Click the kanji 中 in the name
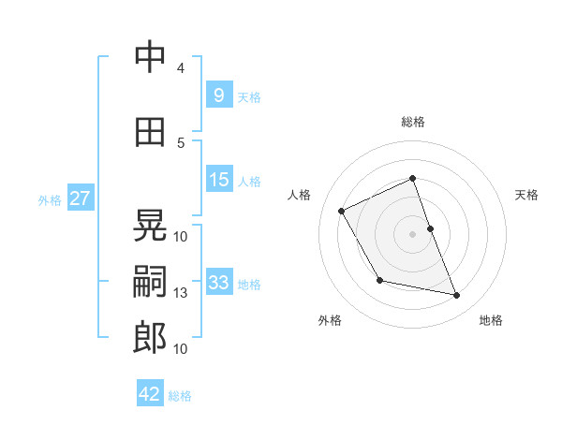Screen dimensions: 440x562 [150, 57]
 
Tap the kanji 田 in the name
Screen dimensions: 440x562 [150, 133]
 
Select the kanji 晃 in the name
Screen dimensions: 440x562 [150, 227]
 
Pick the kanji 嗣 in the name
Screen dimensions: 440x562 [150, 283]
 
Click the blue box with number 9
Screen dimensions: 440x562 [218, 95]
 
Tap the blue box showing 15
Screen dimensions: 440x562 [218, 180]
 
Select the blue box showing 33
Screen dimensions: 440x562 [218, 283]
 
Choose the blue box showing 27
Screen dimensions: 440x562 [80, 198]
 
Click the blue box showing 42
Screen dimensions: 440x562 [150, 394]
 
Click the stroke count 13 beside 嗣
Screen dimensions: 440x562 [181, 293]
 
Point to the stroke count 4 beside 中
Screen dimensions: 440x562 [181, 67]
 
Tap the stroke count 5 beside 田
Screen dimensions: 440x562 [181, 142]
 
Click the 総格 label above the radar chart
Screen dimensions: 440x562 [413, 122]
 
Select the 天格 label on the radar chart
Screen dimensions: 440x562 [526, 195]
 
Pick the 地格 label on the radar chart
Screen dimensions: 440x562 [491, 320]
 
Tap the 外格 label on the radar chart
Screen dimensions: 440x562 [330, 320]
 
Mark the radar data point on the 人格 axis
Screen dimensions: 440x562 [342, 211]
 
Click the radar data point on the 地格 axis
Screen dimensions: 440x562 [457, 296]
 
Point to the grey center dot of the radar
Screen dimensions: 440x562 [412, 233]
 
